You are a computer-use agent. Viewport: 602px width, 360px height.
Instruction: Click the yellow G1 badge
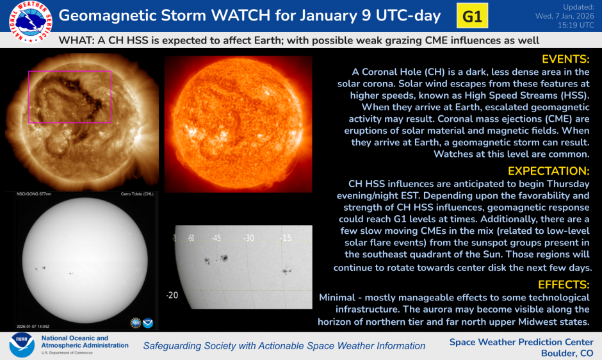471,17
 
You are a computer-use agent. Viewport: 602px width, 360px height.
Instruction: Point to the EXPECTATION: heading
549,171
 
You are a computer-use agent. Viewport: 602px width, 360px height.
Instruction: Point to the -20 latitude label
172,295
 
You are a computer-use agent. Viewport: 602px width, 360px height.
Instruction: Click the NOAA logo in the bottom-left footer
22,345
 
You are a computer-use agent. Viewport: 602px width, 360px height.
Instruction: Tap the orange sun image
238,123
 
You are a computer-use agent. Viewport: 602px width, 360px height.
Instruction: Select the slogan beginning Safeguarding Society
284,346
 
